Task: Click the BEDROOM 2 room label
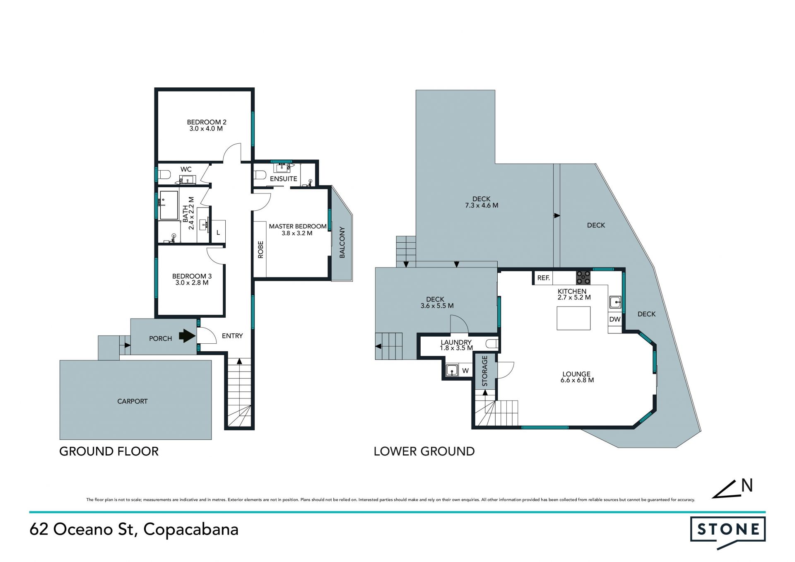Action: (x=207, y=122)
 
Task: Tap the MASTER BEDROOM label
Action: (x=298, y=226)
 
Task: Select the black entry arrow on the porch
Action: (x=187, y=336)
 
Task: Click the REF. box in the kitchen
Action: (x=543, y=278)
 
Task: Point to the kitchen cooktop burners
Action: (x=583, y=277)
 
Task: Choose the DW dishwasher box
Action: (x=615, y=319)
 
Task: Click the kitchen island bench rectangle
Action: (x=573, y=318)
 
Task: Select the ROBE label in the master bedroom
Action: (x=260, y=250)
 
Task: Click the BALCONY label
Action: (x=342, y=242)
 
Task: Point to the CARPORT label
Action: (x=132, y=401)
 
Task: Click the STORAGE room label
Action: (x=485, y=371)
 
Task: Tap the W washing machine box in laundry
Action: (x=465, y=371)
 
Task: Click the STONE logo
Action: (x=728, y=533)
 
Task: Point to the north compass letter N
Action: (x=747, y=485)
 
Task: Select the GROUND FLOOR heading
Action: (x=109, y=451)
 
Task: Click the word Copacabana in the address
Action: (x=191, y=530)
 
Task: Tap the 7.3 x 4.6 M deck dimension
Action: (x=482, y=205)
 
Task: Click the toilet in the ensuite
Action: (x=259, y=175)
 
